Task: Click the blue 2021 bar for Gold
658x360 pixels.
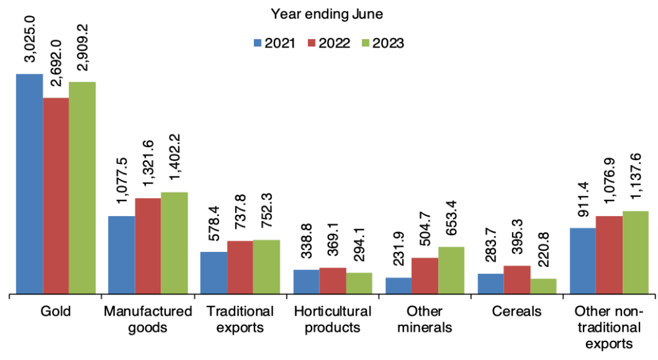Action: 30,184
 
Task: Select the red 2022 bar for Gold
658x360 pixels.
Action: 56,196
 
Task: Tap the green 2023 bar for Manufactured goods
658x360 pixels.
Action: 174,243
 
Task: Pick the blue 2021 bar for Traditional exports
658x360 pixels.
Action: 213,273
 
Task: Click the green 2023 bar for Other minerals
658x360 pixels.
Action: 451,270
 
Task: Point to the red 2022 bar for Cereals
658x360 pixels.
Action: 517,280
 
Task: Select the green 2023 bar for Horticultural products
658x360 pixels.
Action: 359,283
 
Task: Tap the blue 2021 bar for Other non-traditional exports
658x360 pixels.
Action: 583,260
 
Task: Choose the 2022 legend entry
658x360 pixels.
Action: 328,43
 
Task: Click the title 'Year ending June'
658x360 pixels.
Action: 328,13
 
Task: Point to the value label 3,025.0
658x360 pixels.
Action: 30,45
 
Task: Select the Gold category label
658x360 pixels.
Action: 55,312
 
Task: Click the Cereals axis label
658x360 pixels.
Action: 517,312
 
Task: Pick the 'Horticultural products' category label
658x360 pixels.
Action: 332,319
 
